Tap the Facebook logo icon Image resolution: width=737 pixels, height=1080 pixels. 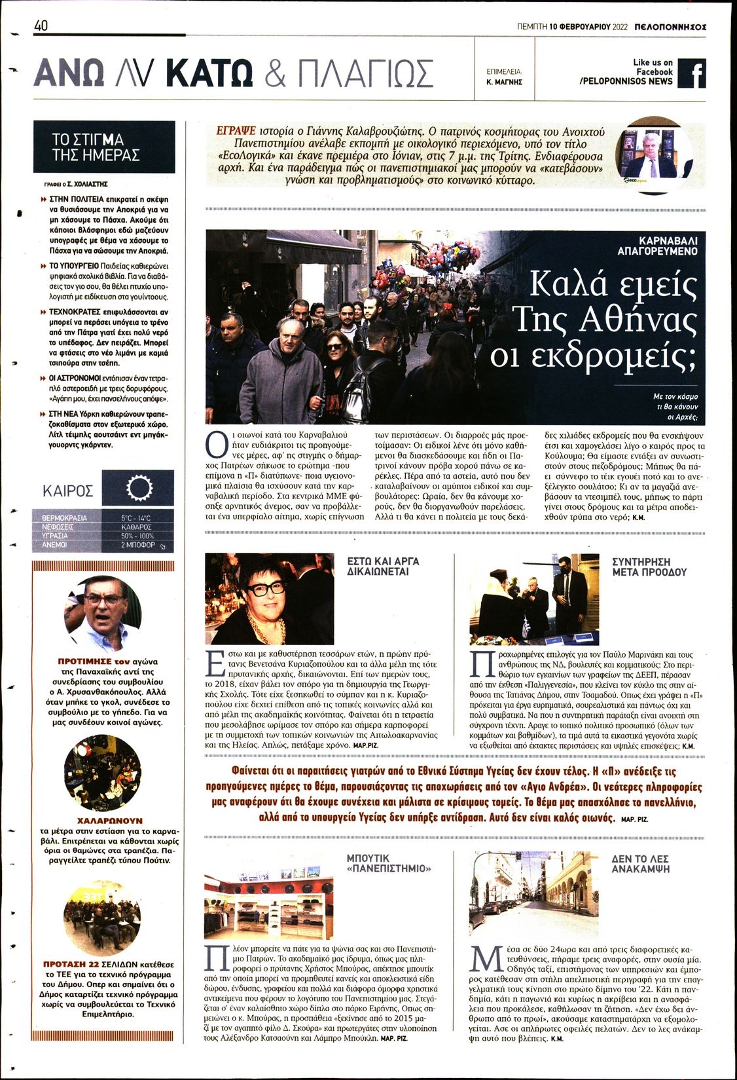[x=691, y=73]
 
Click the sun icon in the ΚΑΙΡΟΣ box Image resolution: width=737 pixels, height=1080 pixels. [x=138, y=489]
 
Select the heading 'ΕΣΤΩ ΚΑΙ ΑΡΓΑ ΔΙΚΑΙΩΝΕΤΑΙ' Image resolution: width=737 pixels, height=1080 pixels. [x=383, y=566]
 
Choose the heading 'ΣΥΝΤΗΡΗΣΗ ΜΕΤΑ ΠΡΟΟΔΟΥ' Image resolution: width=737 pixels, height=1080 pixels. [x=649, y=567]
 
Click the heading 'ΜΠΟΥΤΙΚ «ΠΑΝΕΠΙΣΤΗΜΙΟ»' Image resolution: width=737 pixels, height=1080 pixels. [x=389, y=863]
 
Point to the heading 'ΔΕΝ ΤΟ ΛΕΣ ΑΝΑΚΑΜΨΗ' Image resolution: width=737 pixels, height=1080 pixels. [x=641, y=863]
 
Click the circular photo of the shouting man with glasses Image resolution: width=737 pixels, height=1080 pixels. [x=103, y=613]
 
